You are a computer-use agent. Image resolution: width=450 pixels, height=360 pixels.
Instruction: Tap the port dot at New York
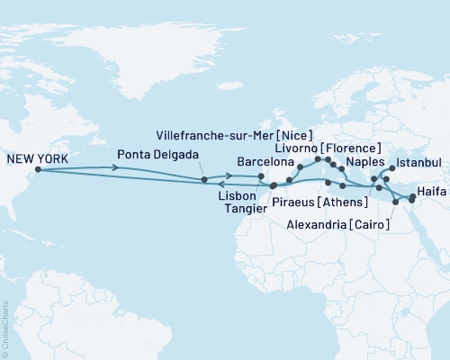coord(37,169)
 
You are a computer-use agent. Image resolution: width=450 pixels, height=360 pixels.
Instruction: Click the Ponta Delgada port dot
coord(205,180)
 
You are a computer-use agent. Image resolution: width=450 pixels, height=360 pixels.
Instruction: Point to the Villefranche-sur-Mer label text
coord(214,134)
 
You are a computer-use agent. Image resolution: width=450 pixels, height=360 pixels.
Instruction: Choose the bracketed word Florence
coord(353,148)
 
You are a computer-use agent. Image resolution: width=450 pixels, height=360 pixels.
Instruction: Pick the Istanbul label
coord(419,162)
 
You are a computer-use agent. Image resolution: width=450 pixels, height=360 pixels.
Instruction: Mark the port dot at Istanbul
coord(392,167)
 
